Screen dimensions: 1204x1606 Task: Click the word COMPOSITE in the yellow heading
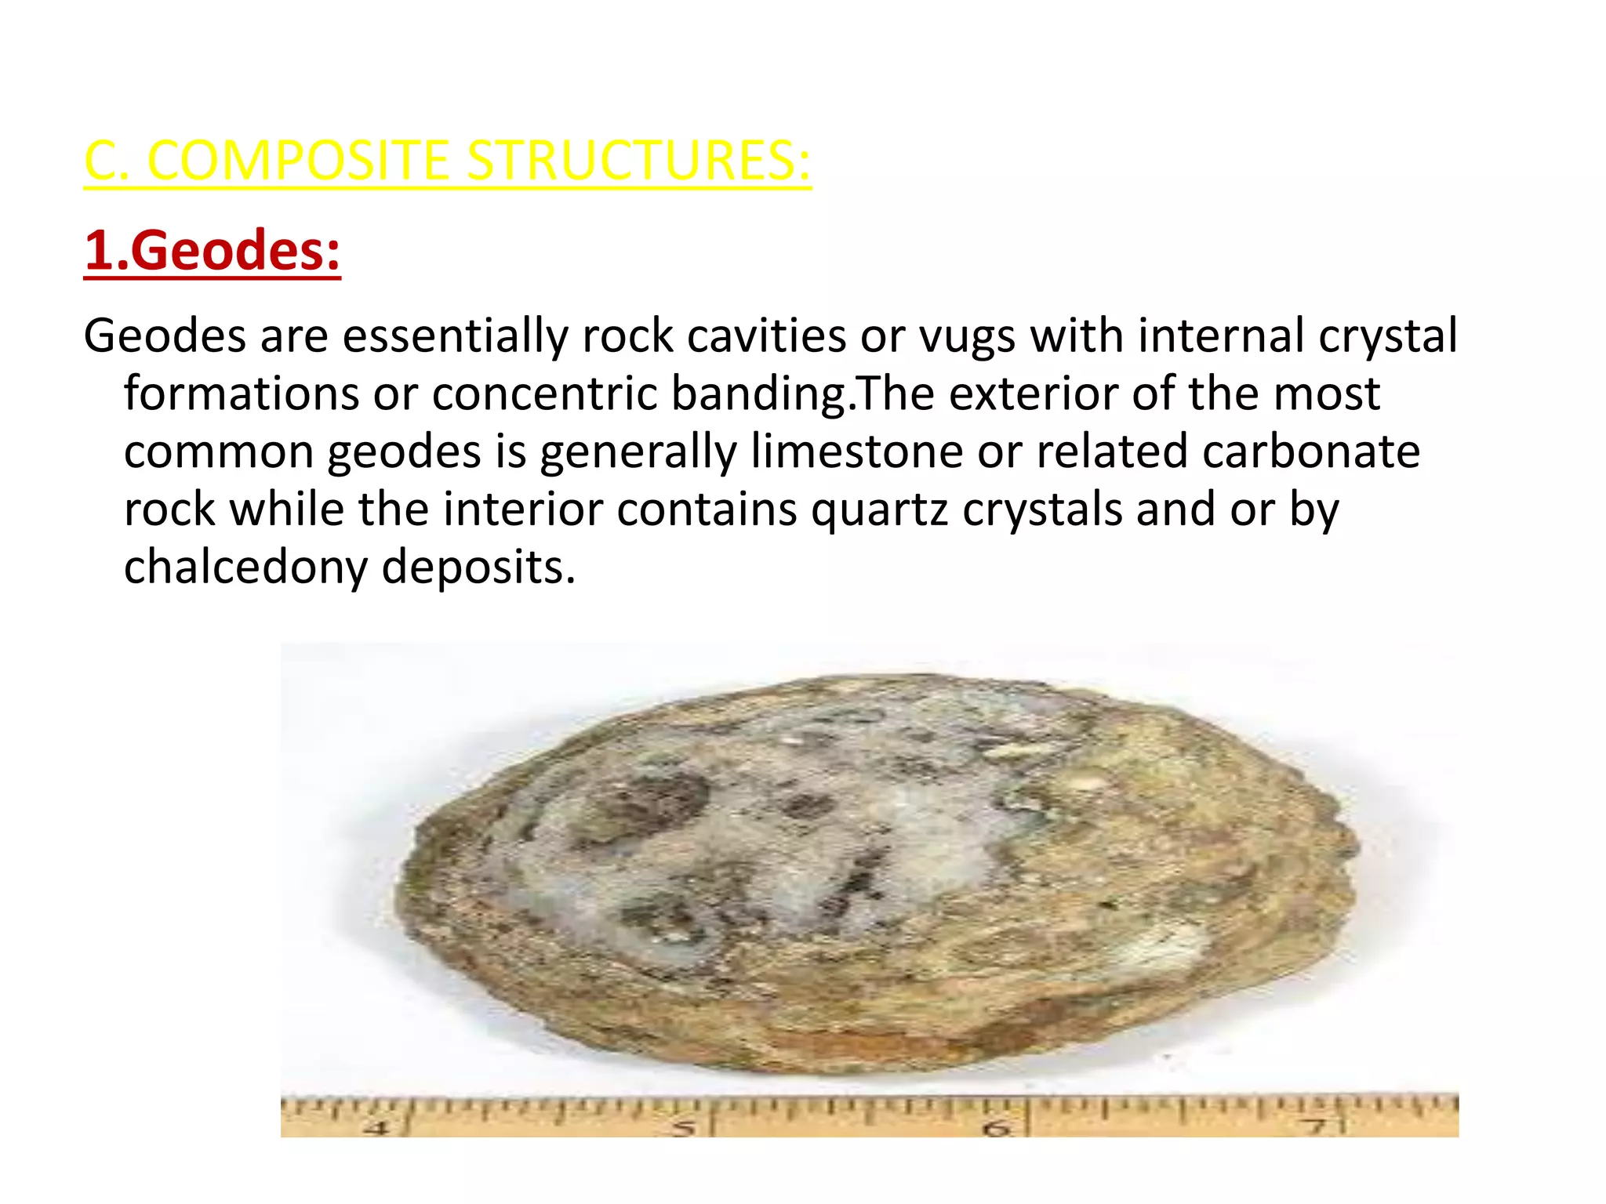(298, 161)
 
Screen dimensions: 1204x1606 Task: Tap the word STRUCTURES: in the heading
(638, 161)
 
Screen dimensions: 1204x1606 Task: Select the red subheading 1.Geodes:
(212, 251)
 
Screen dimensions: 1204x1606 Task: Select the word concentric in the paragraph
(543, 393)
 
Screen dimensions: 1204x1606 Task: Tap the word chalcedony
(245, 568)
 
